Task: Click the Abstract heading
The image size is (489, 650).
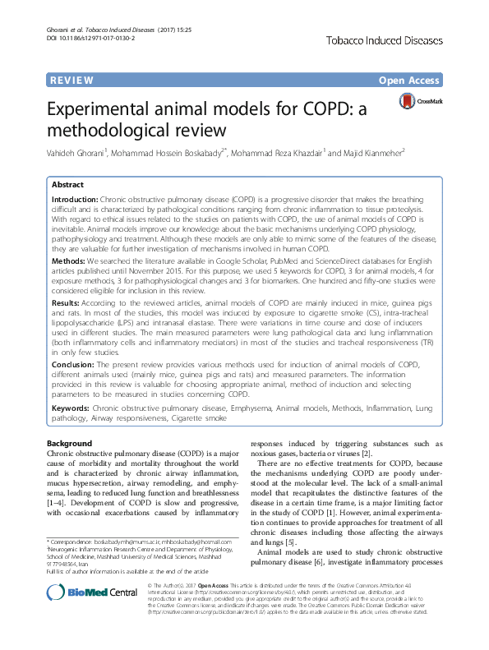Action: coord(68,185)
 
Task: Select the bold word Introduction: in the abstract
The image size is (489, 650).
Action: coord(74,200)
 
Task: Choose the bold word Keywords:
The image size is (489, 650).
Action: coord(71,408)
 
